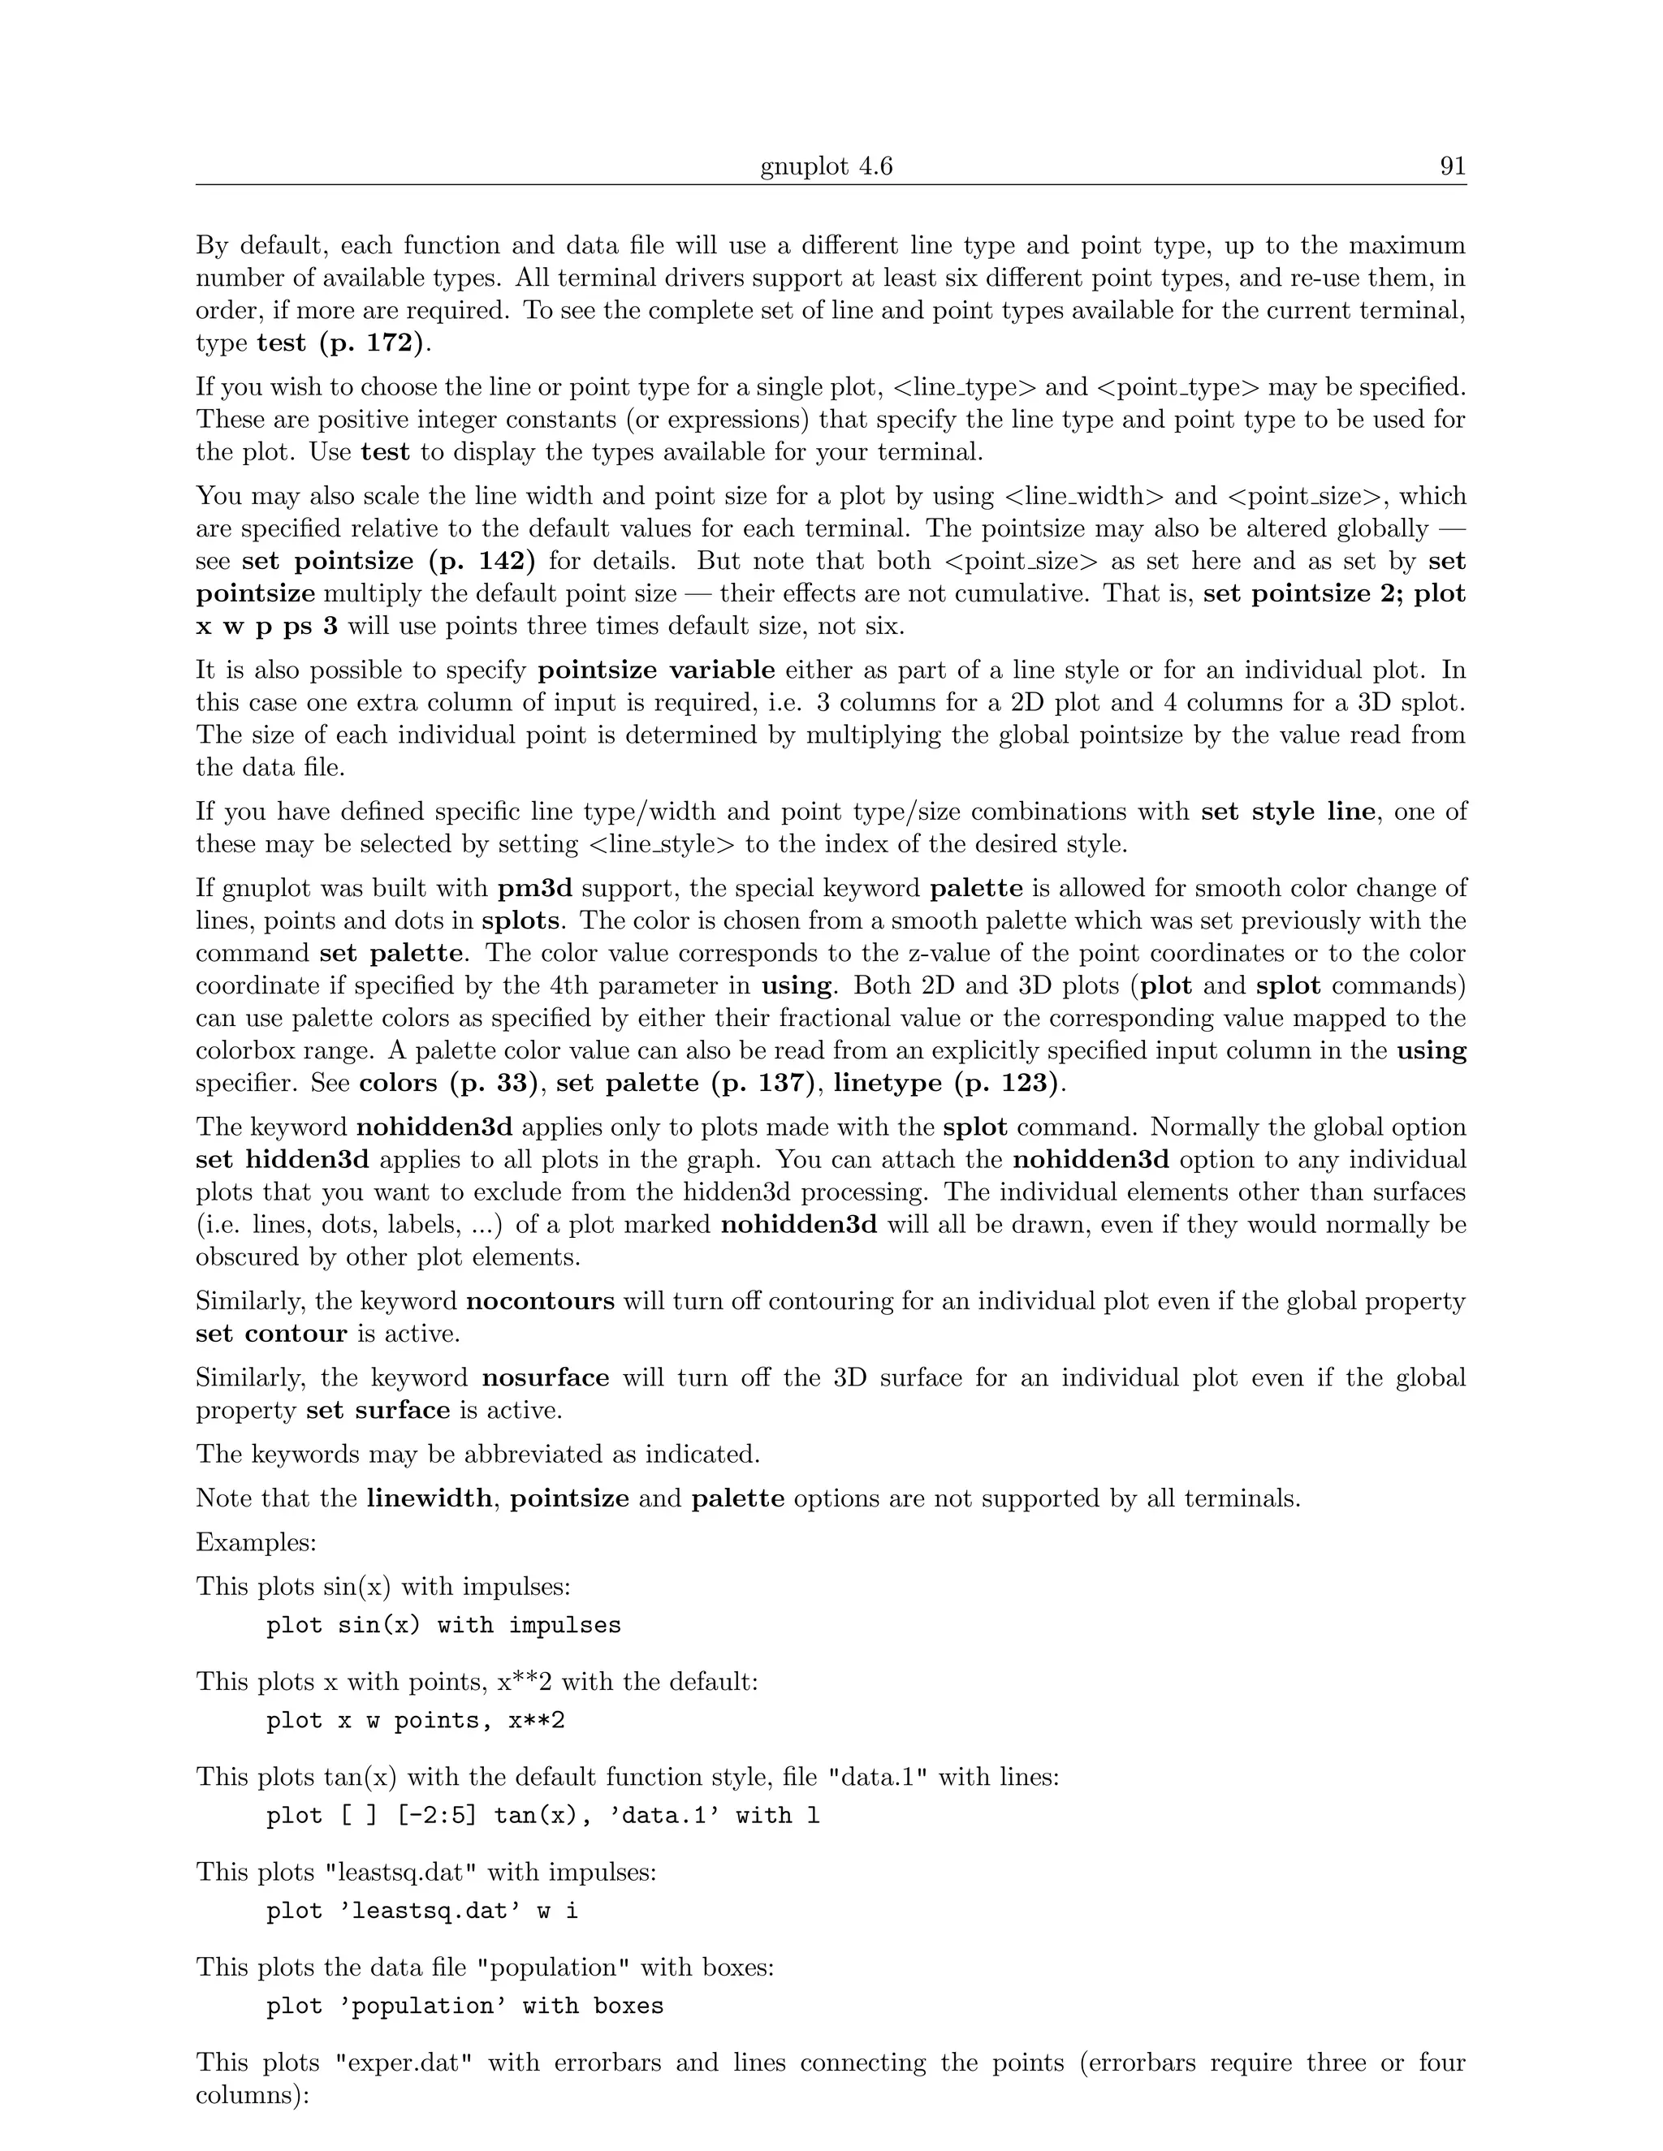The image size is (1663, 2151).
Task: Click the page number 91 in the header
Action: click(x=1452, y=166)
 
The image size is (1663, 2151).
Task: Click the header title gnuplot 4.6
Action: click(x=826, y=166)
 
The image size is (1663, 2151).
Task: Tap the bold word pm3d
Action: click(x=535, y=888)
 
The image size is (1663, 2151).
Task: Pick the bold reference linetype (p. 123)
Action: click(x=947, y=1084)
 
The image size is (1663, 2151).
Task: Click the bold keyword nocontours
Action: click(x=540, y=1302)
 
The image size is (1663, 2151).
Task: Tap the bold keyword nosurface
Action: click(x=546, y=1378)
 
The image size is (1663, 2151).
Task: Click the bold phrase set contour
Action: click(x=271, y=1334)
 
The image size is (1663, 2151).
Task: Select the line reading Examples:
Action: click(x=256, y=1542)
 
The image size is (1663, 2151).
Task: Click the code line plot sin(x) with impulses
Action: click(x=443, y=1626)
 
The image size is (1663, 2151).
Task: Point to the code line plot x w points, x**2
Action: click(x=415, y=1722)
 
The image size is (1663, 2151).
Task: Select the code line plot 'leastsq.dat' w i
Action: click(x=421, y=1912)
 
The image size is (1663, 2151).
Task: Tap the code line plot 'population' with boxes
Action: click(x=464, y=2007)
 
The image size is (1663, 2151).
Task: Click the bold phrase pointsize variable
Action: click(x=656, y=670)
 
